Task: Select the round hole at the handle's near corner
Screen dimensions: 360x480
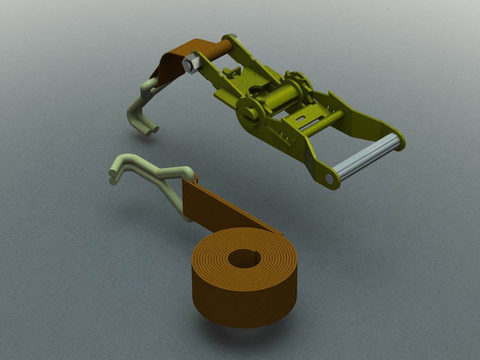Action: coord(329,179)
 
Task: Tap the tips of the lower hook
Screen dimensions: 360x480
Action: coord(113,177)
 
